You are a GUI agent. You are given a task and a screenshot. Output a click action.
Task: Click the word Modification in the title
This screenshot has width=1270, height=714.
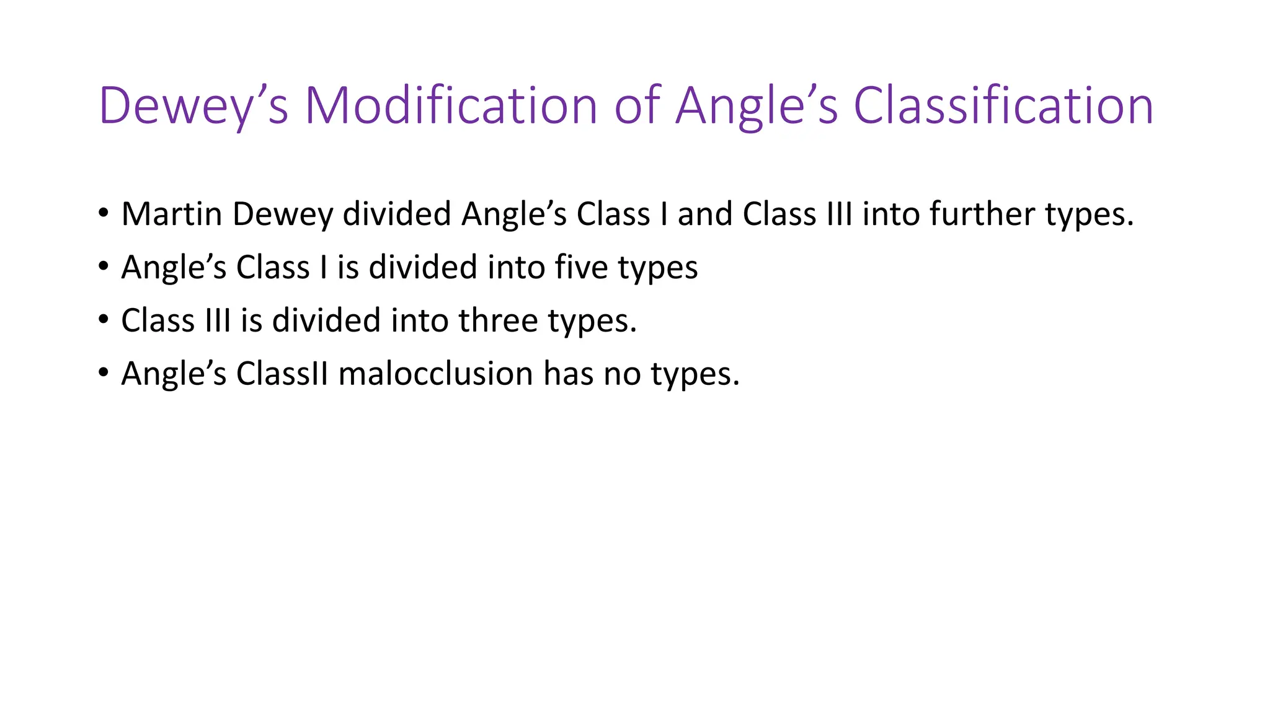pyautogui.click(x=451, y=105)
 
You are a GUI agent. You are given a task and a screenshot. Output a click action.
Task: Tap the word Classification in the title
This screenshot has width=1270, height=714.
pyautogui.click(x=1003, y=105)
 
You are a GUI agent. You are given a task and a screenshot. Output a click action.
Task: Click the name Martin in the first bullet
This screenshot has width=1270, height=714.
pyautogui.click(x=172, y=214)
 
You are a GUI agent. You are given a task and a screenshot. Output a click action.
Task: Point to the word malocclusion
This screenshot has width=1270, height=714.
pyautogui.click(x=435, y=374)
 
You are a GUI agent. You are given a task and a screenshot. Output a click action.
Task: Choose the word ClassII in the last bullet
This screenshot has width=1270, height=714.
pyautogui.click(x=282, y=374)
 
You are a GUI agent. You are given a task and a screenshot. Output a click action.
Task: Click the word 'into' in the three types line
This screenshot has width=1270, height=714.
pyautogui.click(x=419, y=320)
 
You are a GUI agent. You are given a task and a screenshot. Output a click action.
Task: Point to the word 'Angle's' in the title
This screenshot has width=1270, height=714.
pyautogui.click(x=757, y=107)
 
